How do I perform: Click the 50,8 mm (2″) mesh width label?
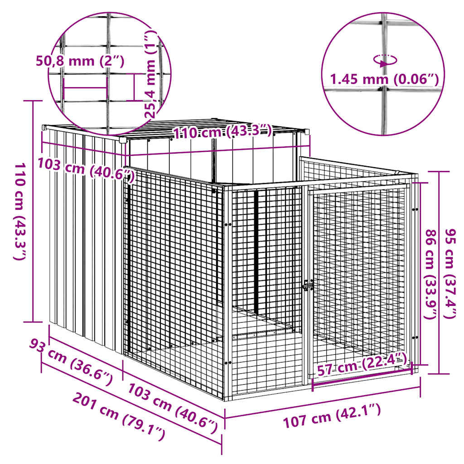tap(80, 61)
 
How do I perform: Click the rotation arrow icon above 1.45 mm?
tap(385, 60)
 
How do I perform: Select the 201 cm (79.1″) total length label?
tap(119, 417)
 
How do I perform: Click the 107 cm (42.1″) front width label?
tap(332, 416)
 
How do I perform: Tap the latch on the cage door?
tap(308, 286)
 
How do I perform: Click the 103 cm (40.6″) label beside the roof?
tap(86, 169)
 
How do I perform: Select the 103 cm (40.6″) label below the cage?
tap(172, 404)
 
